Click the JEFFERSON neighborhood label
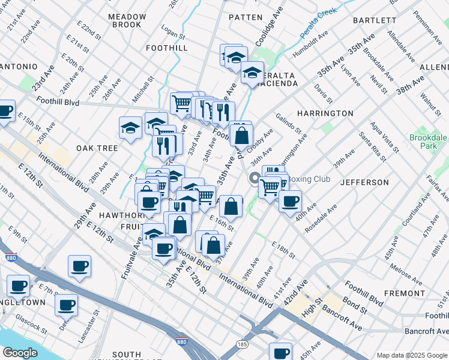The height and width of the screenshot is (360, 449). (x=364, y=182)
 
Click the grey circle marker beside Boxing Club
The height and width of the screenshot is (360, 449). (x=255, y=178)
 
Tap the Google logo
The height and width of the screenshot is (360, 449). (x=20, y=352)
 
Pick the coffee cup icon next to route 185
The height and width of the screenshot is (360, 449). (x=280, y=352)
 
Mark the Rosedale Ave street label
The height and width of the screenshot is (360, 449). (x=321, y=219)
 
